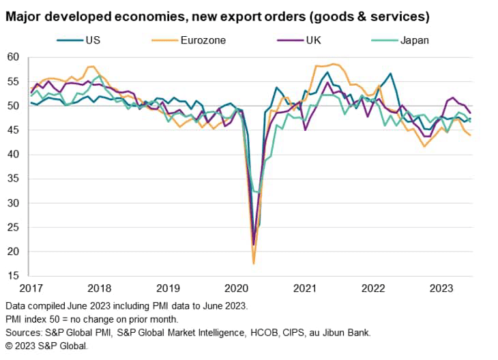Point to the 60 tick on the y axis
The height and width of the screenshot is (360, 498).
pyautogui.click(x=15, y=57)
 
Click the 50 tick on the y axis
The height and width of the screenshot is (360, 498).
pyautogui.click(x=15, y=106)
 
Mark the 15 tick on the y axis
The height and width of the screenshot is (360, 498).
pyautogui.click(x=15, y=276)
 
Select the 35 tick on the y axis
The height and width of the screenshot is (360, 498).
pyautogui.click(x=15, y=179)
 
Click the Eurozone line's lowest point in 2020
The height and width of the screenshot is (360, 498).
pyautogui.click(x=254, y=263)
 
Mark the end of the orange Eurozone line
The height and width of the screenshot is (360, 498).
pyautogui.click(x=471, y=135)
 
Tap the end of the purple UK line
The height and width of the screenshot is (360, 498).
pyautogui.click(x=471, y=113)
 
